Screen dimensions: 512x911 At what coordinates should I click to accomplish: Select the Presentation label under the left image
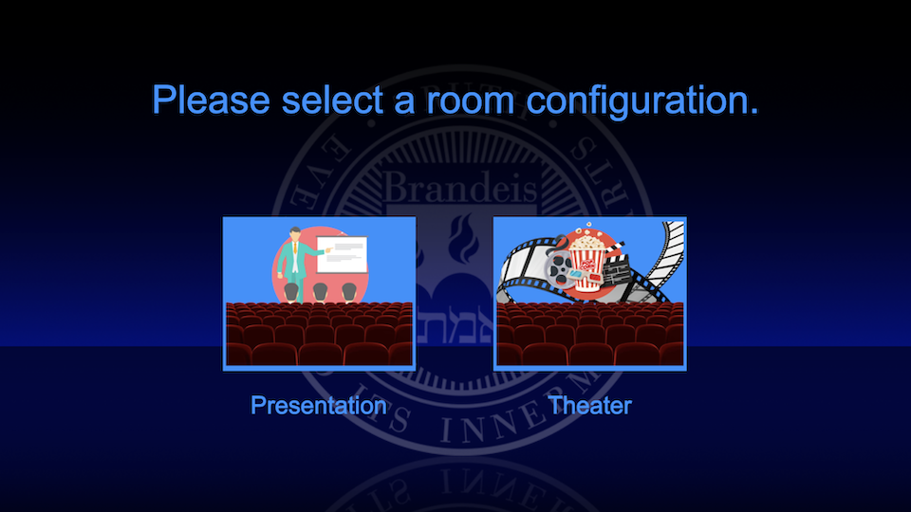tap(318, 406)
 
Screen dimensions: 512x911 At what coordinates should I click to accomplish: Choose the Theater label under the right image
tap(589, 406)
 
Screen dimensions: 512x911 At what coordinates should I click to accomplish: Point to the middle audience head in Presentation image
tap(320, 291)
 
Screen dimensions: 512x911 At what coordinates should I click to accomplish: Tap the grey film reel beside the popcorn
tap(557, 265)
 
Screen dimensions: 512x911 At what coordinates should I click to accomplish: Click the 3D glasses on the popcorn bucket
tap(575, 276)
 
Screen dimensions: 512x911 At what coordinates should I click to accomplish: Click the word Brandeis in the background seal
tap(460, 187)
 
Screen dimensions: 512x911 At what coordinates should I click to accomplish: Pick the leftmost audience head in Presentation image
tap(290, 291)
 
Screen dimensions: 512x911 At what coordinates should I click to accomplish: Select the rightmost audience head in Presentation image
tap(349, 291)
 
